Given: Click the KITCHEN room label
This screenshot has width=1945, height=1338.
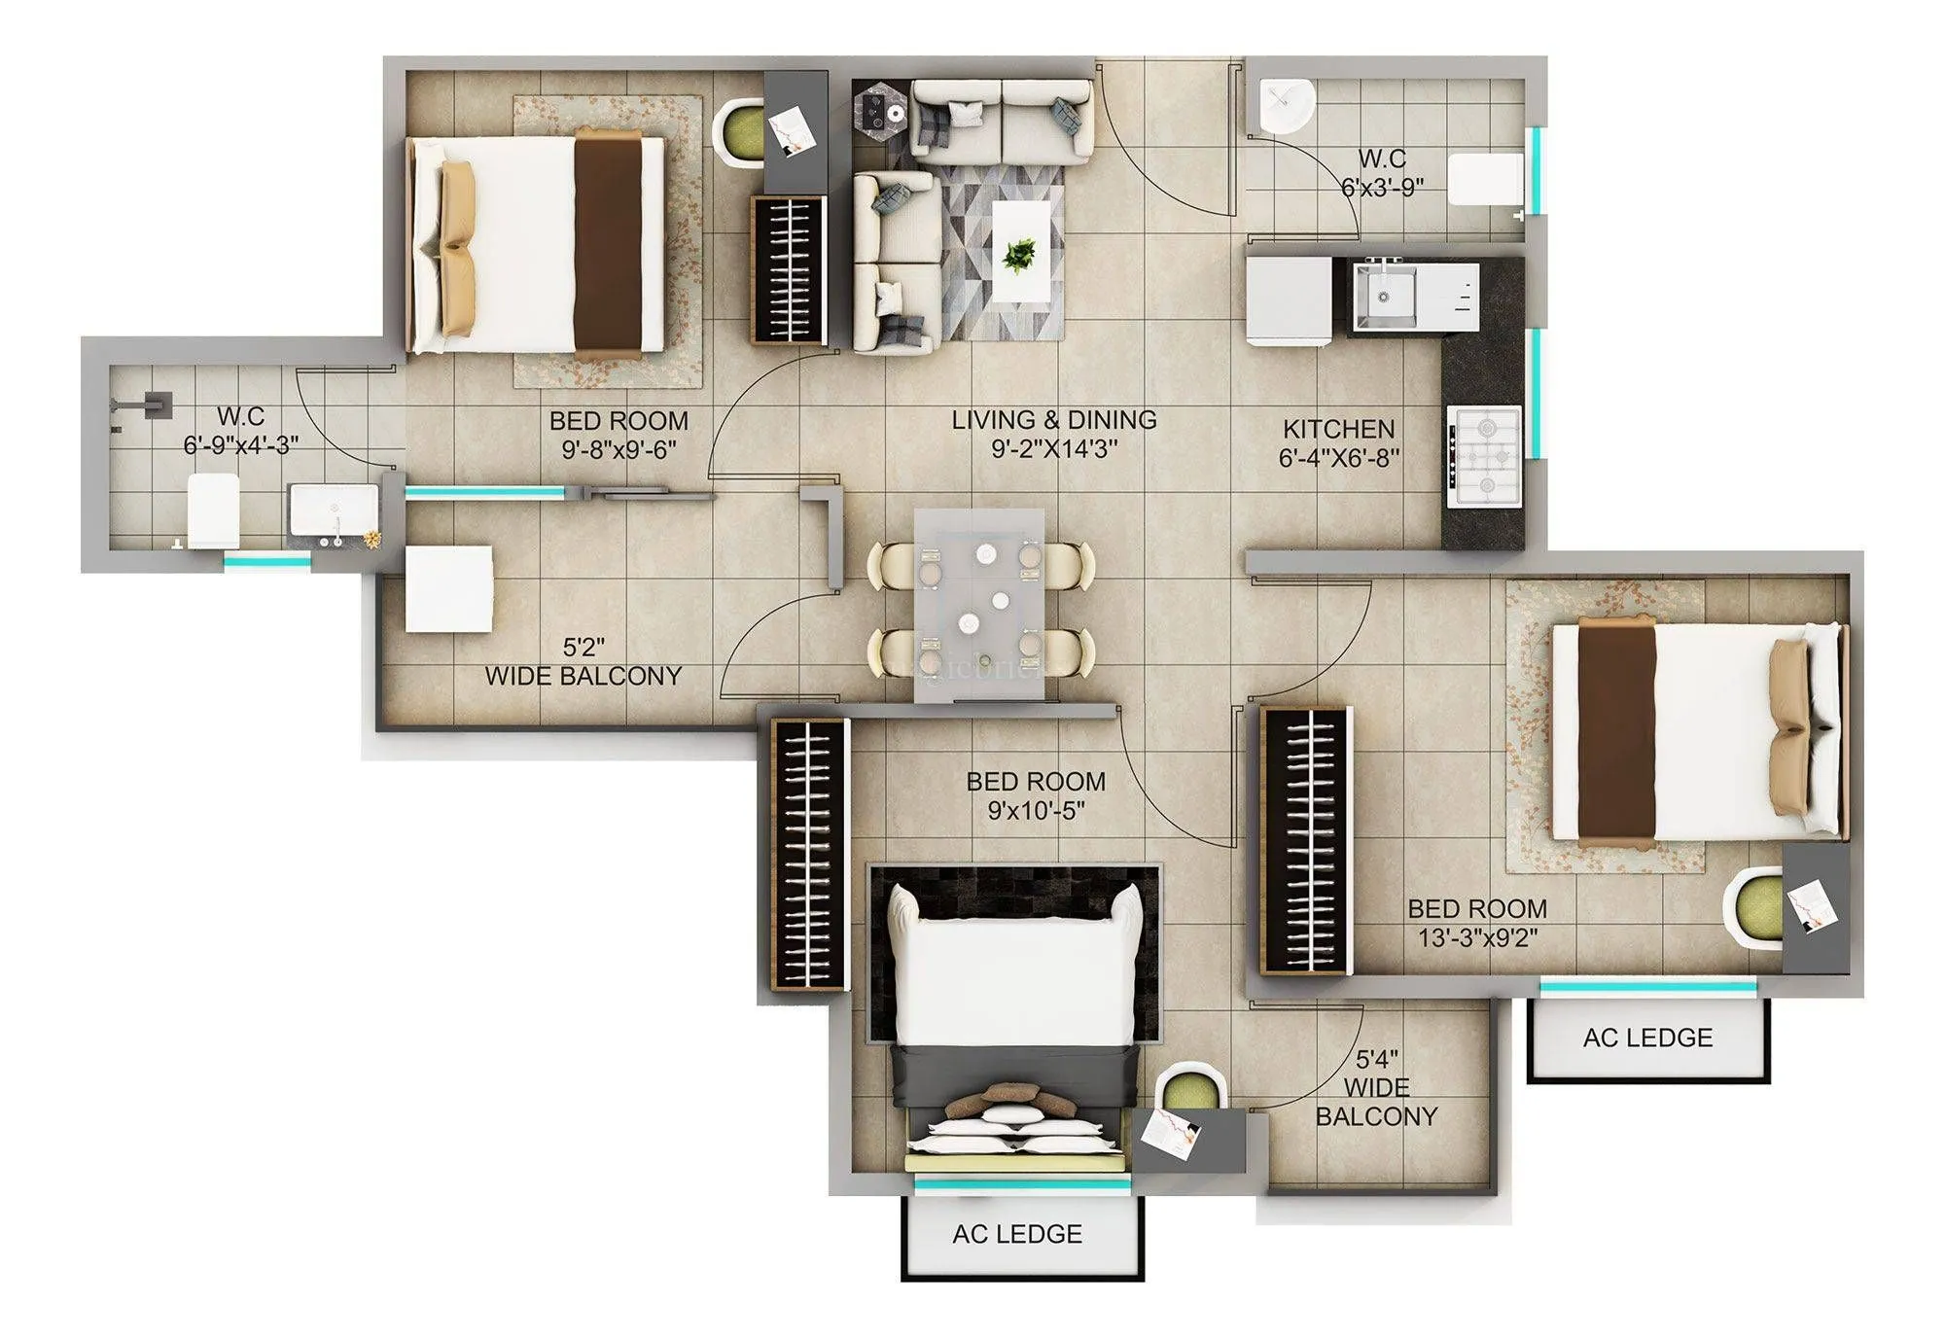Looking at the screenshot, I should [1338, 429].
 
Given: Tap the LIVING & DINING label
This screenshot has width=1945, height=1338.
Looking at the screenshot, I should [1054, 420].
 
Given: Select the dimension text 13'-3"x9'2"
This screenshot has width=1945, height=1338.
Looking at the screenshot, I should [1477, 937].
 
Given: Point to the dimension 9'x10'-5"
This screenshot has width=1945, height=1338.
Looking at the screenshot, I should [1036, 810].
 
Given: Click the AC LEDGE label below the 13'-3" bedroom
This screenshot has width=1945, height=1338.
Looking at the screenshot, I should [1647, 1038].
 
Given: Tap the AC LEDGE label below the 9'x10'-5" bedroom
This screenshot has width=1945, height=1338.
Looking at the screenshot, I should [1017, 1234].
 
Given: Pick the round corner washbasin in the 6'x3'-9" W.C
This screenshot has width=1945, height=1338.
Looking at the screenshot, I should [1287, 105].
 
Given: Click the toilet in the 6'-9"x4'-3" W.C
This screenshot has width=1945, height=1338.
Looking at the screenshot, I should [213, 510].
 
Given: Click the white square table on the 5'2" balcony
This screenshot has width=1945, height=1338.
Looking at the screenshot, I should [449, 589].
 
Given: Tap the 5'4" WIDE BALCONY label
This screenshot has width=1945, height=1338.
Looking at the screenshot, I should [1376, 1087].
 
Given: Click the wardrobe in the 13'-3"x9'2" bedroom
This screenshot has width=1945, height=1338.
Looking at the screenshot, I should [1305, 840].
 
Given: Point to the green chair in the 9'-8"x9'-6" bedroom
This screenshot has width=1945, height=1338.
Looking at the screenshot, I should [739, 133].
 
